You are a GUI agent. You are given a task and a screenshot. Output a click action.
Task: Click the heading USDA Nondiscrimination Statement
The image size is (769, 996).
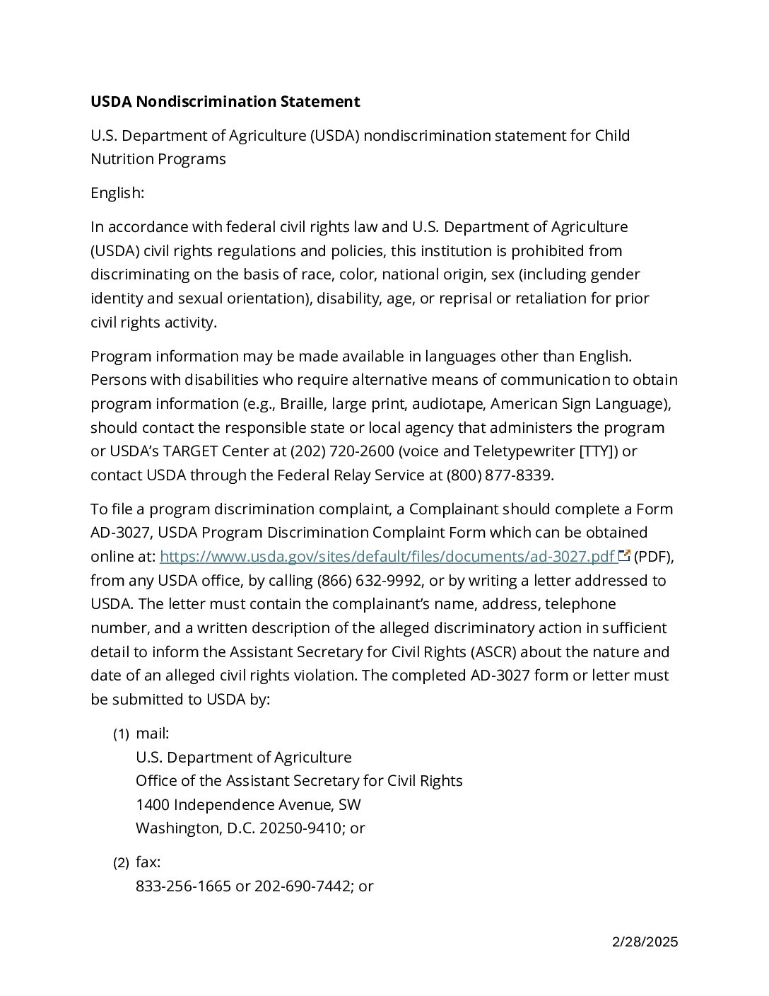click(x=225, y=101)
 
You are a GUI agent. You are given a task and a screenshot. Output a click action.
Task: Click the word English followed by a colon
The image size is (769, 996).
click(x=117, y=192)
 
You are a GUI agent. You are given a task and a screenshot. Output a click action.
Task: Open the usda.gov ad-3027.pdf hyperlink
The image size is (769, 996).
click(x=388, y=557)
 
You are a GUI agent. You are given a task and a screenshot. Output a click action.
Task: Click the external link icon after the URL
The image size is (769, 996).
click(x=623, y=556)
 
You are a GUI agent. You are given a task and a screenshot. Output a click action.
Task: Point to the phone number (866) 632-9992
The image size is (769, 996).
click(x=365, y=581)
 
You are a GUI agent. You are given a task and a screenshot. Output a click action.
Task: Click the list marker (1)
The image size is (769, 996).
click(x=121, y=734)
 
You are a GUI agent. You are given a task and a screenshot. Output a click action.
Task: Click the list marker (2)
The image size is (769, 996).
click(x=121, y=863)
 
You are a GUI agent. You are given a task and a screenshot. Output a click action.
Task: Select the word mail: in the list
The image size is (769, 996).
click(x=153, y=734)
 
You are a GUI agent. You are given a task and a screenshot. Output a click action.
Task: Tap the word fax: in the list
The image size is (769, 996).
click(x=148, y=862)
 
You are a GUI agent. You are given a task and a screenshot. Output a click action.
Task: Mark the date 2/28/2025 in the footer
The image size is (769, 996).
click(x=645, y=942)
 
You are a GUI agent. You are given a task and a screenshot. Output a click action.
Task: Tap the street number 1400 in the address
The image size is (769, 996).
click(x=153, y=805)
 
